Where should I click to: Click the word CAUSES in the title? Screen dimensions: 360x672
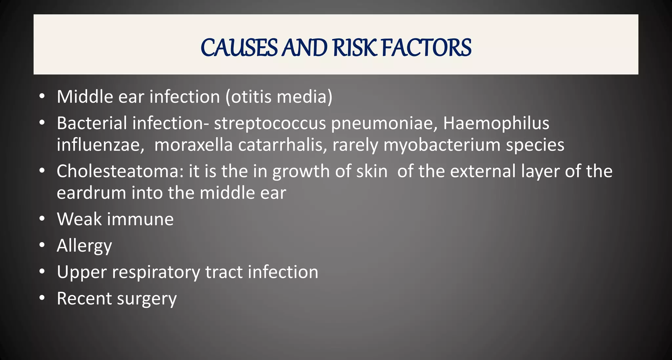point(239,48)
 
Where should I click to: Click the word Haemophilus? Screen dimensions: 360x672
point(496,123)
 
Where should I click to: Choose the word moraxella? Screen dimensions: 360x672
point(193,145)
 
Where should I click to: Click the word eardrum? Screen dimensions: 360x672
point(91,193)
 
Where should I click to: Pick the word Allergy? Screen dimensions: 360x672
point(84,246)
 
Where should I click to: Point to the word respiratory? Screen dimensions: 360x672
point(156,272)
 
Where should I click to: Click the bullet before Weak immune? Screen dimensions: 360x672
point(41,219)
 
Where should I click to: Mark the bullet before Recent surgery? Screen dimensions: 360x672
point(41,298)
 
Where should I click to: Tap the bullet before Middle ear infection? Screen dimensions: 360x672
point(41,96)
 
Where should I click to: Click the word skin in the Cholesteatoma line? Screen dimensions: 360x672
point(371,171)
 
